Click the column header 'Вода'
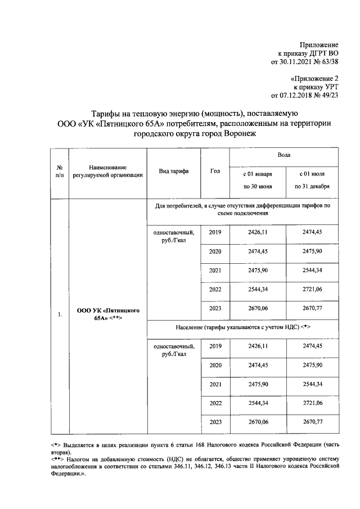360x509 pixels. coord(283,155)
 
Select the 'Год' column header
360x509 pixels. coord(215,172)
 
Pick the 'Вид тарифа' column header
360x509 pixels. coord(173,172)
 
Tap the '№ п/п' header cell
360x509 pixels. coord(59,172)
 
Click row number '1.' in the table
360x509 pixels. coord(59,314)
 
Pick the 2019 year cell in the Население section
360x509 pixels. coord(215,346)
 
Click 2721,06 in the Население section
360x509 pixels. coord(312,403)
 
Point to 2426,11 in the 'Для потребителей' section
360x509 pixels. coord(258,232)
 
